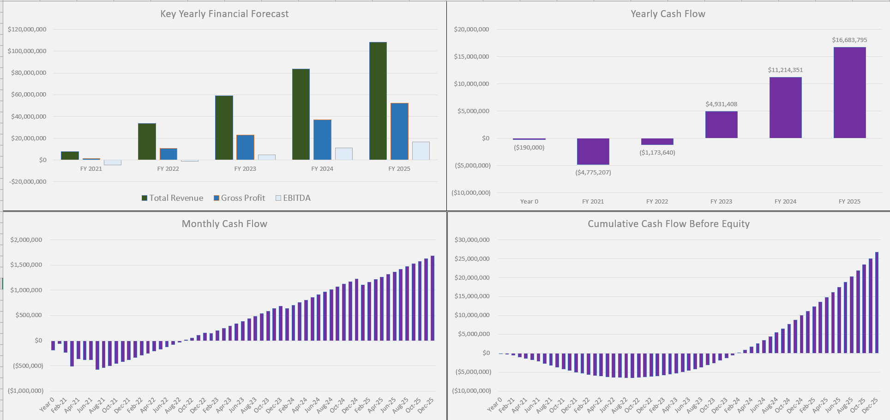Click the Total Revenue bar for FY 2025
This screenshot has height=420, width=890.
(378, 102)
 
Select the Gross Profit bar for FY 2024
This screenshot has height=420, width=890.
(322, 140)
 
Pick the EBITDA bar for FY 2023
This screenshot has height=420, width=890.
(267, 157)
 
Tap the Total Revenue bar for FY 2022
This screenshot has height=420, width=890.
(147, 142)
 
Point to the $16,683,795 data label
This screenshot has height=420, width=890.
(849, 40)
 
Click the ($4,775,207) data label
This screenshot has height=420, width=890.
(593, 173)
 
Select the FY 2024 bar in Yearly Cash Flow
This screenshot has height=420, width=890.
(785, 108)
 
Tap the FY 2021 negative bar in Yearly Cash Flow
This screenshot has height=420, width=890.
(593, 151)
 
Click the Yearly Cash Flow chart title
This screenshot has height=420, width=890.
(667, 14)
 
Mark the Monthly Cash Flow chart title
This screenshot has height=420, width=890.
(224, 224)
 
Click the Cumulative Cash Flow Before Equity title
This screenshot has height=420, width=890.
(668, 224)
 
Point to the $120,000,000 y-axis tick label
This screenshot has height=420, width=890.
(27, 30)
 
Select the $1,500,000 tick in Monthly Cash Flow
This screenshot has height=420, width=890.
(26, 265)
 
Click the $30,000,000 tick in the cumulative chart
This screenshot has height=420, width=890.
(472, 240)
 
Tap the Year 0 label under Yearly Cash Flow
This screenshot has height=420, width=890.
(529, 202)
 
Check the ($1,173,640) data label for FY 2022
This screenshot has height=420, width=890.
(657, 153)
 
